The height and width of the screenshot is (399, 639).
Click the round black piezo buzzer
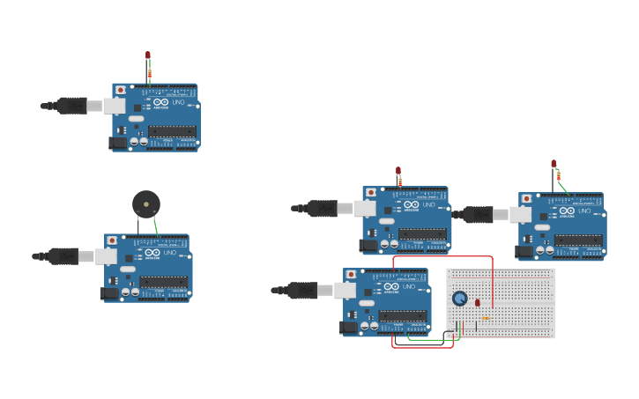coord(146,204)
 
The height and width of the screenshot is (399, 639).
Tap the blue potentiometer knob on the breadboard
coord(459,299)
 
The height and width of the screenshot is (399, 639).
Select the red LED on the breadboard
coord(478,303)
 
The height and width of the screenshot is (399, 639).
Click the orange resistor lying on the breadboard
coord(485,318)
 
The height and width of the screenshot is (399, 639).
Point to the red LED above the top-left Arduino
coord(148,55)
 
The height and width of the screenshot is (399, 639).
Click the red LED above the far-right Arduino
coord(554,164)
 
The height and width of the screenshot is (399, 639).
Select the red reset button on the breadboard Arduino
coord(351,275)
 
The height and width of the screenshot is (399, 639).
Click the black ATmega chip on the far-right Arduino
coord(578,240)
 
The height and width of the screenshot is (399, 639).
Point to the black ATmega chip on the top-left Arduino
coord(172,131)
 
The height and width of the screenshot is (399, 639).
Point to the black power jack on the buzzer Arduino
coord(109,293)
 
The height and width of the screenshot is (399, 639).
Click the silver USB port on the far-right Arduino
coord(520,214)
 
